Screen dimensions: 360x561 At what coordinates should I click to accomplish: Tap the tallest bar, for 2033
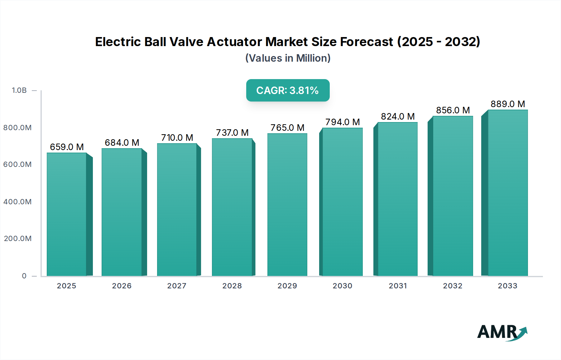(507, 193)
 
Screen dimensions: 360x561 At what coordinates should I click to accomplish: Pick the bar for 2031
(397, 199)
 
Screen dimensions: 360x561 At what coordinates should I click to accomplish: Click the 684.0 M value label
(122, 143)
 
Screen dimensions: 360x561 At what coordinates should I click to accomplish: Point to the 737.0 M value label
(232, 133)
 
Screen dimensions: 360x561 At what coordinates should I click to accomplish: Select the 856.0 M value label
(453, 110)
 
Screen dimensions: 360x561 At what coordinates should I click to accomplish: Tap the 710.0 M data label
(177, 138)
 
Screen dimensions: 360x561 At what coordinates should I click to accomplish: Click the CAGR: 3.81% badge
(288, 90)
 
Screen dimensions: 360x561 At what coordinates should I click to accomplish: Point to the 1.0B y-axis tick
(19, 90)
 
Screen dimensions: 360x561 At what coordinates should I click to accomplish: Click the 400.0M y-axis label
(17, 202)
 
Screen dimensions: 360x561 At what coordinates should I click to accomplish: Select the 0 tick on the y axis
(24, 276)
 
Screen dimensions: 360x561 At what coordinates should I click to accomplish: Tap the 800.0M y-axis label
(17, 128)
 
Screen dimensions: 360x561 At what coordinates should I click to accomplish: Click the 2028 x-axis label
(232, 286)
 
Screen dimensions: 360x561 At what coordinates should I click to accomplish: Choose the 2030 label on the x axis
(342, 286)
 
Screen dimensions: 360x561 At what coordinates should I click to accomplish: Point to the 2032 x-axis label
(453, 286)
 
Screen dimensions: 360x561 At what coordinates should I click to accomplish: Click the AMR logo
(502, 332)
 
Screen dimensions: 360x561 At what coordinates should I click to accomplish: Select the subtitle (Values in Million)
(288, 58)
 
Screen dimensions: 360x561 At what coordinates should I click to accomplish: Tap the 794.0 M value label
(343, 122)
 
